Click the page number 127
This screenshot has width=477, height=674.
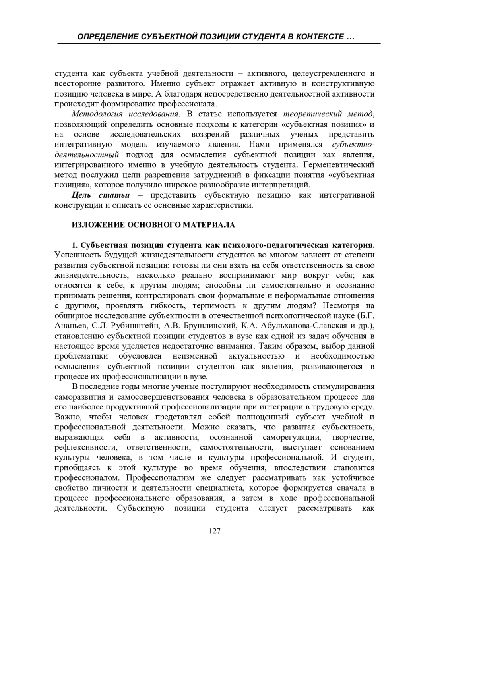[215, 531]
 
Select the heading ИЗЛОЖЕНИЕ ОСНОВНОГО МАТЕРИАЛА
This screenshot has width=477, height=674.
[153, 225]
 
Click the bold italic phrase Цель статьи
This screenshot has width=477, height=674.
[101, 195]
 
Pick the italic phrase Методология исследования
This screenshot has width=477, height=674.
[126, 114]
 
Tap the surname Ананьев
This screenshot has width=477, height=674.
[70, 326]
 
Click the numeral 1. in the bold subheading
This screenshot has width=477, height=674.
[74, 245]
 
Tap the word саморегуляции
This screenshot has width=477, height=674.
[292, 437]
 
